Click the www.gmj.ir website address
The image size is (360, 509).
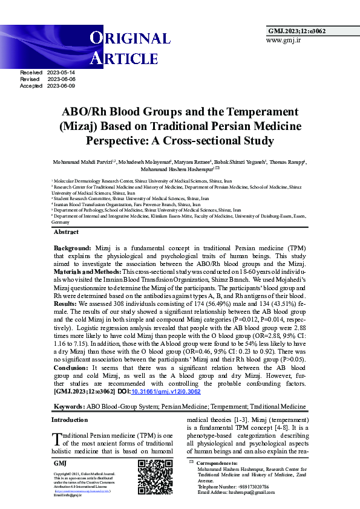(x=283, y=40)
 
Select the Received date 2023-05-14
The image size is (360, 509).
(x=61, y=73)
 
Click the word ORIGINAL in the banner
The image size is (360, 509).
(x=131, y=38)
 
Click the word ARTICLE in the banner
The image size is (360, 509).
(x=124, y=58)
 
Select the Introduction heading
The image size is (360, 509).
(x=70, y=420)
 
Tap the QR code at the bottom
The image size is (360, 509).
(x=155, y=477)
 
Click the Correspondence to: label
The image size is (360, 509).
(x=217, y=463)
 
